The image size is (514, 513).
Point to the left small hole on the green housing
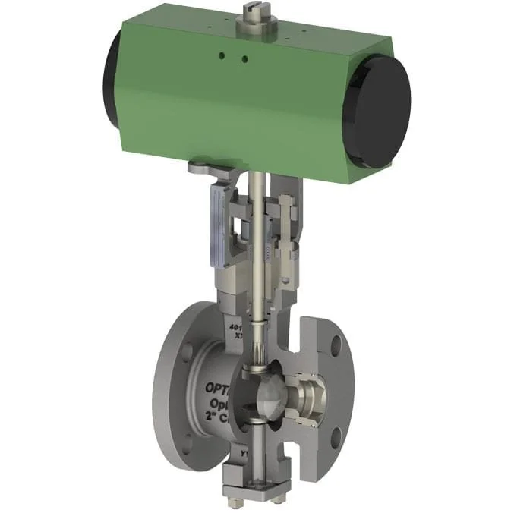pyautogui.click(x=222, y=55)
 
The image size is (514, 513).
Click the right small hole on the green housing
pyautogui.click(x=244, y=58)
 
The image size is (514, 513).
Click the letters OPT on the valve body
pyautogui.click(x=219, y=387)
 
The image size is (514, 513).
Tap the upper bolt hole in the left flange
pyautogui.click(x=185, y=352)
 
